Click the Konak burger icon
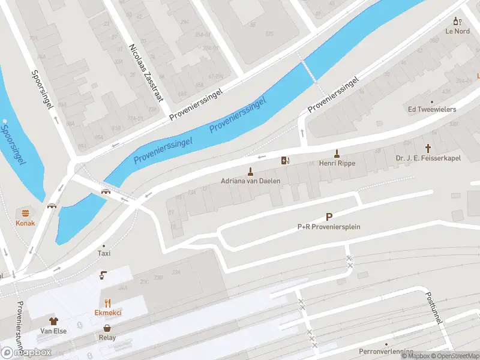pyautogui.click(x=25, y=213)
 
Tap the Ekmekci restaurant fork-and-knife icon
pyautogui.click(x=108, y=302)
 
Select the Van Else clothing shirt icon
pyautogui.click(x=53, y=321)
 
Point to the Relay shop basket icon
pyautogui.click(x=107, y=328)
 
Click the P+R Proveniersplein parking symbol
pyautogui.click(x=329, y=217)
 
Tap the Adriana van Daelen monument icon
pyautogui.click(x=251, y=171)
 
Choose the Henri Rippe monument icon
pyautogui.click(x=337, y=153)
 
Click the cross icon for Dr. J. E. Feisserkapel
pyautogui.click(x=428, y=148)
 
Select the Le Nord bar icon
pyautogui.click(x=458, y=21)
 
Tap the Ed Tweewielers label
pyautogui.click(x=432, y=109)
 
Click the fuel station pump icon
pyautogui.click(x=285, y=160)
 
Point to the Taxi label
pyautogui.click(x=104, y=253)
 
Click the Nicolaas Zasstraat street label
pyautogui.click(x=146, y=72)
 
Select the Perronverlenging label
pyautogui.click(x=386, y=351)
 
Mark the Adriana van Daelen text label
pyautogui.click(x=251, y=181)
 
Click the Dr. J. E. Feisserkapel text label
pyautogui.click(x=428, y=158)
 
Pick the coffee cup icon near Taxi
pyautogui.click(x=103, y=275)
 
